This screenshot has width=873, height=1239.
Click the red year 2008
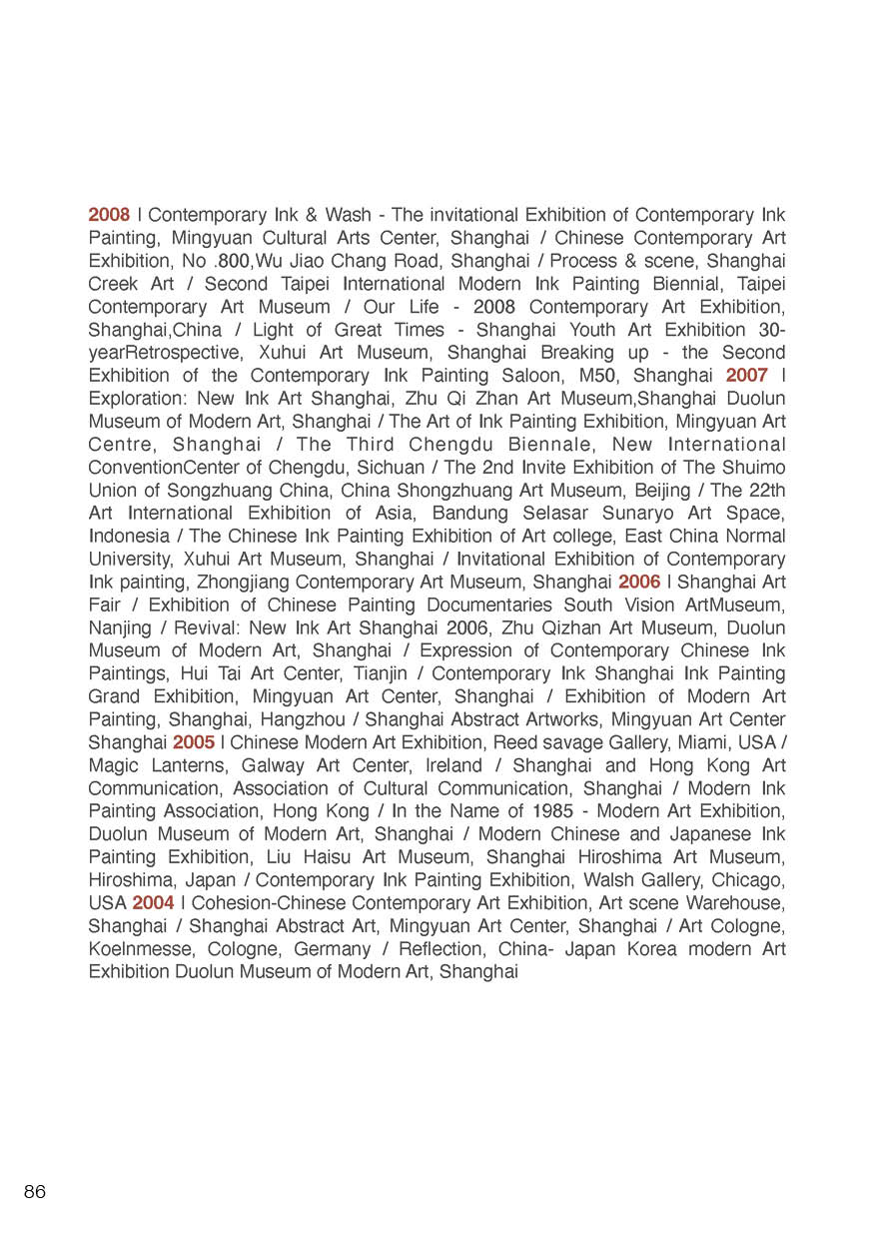109,215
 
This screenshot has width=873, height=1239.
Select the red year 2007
746,376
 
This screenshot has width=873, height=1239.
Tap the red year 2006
639,582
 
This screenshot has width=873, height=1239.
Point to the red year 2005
194,742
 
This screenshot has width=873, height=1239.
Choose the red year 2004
153,902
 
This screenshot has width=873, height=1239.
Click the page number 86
35,1191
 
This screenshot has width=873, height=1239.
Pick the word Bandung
471,513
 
